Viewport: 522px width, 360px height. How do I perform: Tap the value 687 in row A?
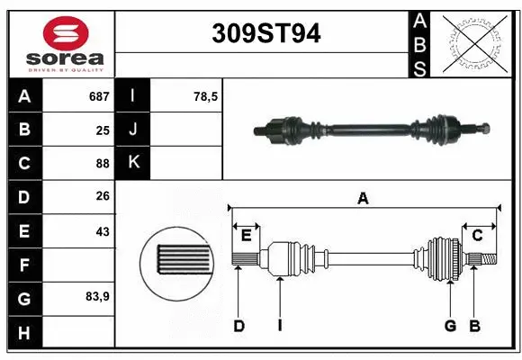click(x=98, y=95)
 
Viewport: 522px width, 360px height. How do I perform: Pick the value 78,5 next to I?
click(x=206, y=95)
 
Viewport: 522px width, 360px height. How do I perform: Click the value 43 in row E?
click(x=103, y=231)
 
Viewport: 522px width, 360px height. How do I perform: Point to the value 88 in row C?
click(x=103, y=163)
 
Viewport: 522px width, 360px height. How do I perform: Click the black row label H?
click(x=24, y=333)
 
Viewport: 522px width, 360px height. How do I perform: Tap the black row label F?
click(x=24, y=265)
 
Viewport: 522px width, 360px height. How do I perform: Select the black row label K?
click(x=133, y=163)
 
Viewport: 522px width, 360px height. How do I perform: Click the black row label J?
click(x=133, y=129)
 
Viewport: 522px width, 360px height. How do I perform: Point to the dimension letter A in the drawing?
click(x=363, y=198)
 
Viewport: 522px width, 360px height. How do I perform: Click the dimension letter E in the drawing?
click(x=246, y=236)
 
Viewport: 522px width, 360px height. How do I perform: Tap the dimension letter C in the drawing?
click(x=478, y=236)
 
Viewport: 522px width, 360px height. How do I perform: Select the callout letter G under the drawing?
click(x=450, y=326)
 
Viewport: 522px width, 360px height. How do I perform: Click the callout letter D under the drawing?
click(x=238, y=326)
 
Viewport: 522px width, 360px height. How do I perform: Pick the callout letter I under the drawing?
click(x=280, y=326)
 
